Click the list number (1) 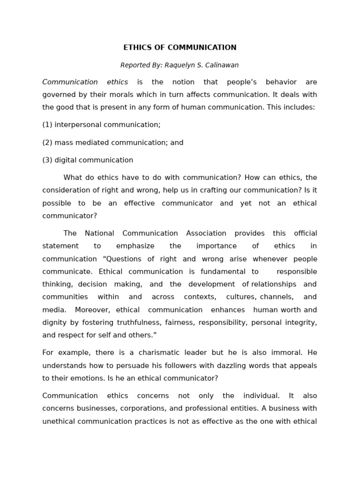coord(47,125)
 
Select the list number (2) coord(47,142)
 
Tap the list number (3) coord(47,160)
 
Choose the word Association coord(206,233)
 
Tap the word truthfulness coord(138,322)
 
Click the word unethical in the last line coord(59,421)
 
